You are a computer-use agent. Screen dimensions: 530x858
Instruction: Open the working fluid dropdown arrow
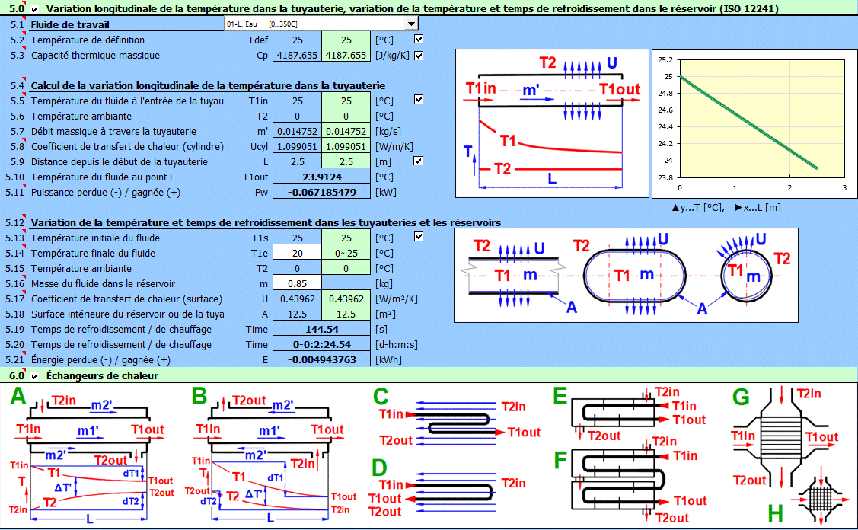point(411,24)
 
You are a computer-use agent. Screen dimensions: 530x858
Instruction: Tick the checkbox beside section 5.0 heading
point(34,9)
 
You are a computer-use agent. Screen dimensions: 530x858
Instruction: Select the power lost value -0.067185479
point(322,193)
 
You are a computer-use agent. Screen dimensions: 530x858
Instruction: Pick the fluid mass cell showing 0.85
point(297,284)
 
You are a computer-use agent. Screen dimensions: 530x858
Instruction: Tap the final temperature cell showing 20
point(297,254)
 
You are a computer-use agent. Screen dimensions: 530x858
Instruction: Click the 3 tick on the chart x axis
point(844,187)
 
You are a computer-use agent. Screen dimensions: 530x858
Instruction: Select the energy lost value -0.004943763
point(322,360)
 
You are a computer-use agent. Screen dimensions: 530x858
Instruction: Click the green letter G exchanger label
point(741,397)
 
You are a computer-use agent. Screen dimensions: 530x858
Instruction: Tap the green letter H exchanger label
point(775,512)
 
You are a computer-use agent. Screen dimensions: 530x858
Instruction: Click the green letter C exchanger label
point(381,397)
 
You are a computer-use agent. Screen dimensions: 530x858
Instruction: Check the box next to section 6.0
point(34,376)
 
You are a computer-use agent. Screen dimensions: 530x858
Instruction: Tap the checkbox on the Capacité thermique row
point(419,55)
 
